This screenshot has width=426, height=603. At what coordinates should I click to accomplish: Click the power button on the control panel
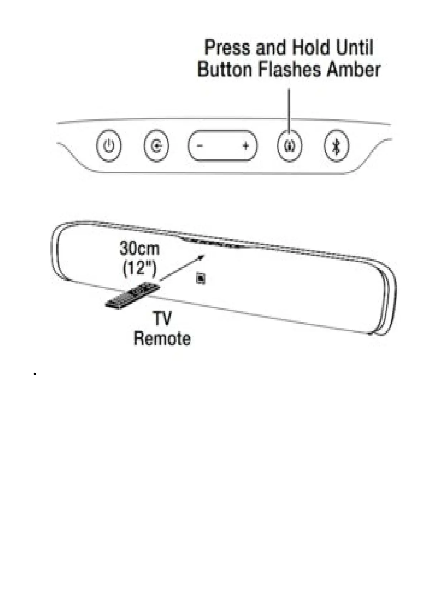click(x=109, y=146)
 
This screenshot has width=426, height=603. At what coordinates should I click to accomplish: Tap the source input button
click(x=156, y=146)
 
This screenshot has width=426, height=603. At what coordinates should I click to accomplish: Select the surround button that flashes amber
click(x=290, y=146)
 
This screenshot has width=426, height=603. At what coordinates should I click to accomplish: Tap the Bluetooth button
click(x=336, y=146)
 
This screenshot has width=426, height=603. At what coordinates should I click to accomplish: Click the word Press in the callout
click(x=227, y=48)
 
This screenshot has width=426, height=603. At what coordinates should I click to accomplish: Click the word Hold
click(x=310, y=48)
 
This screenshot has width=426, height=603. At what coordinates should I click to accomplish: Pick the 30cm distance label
click(x=139, y=249)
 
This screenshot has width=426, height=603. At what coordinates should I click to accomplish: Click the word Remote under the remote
click(x=162, y=339)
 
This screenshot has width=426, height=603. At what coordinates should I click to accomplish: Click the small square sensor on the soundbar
click(x=201, y=278)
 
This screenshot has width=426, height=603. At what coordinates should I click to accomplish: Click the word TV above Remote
click(x=162, y=319)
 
